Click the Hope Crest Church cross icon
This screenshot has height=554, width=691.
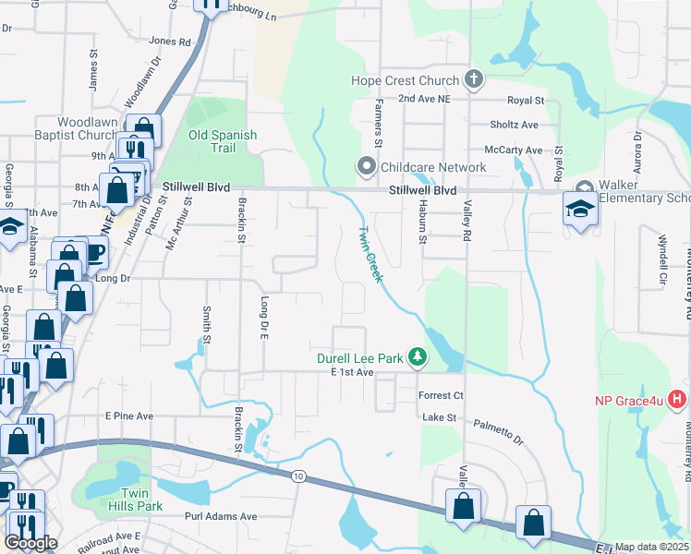click(474, 79)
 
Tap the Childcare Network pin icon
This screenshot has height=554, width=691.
click(367, 167)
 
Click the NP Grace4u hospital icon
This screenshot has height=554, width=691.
click(677, 401)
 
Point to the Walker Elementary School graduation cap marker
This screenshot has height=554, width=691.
click(580, 210)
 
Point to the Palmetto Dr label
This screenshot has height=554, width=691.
click(499, 428)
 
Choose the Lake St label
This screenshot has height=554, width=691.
click(440, 417)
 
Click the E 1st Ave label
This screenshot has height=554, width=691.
click(352, 372)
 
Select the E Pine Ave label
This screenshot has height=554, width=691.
click(129, 416)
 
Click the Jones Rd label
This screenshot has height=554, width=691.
click(169, 42)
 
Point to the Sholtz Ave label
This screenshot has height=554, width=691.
click(514, 125)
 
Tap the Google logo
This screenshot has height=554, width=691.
click(31, 543)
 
